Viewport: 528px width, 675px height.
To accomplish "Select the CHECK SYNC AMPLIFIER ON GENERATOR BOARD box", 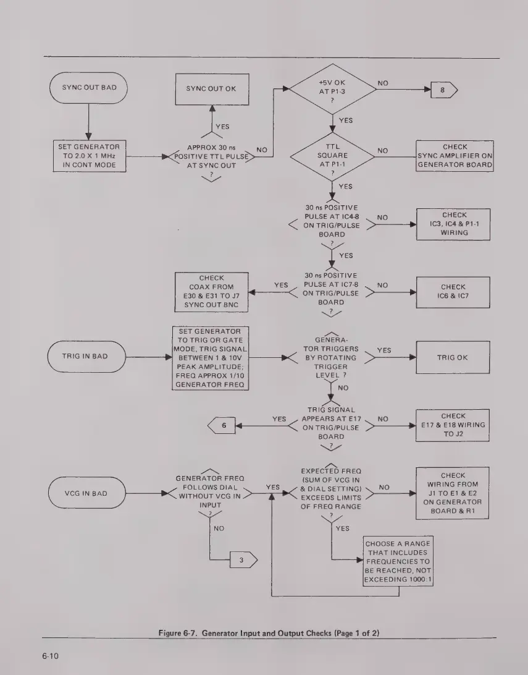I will coord(455,156).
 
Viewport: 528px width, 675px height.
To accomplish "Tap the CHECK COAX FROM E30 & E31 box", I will coord(211,291).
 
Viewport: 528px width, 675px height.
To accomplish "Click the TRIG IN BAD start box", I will coord(87,357).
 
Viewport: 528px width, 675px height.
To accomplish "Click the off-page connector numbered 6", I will coord(224,426).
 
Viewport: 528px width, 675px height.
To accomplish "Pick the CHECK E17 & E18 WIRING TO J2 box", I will coord(454,425).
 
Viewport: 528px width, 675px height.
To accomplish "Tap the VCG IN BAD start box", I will coord(87,493).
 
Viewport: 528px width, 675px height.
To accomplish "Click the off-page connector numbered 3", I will coord(241,561).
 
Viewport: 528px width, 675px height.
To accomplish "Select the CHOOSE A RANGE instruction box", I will coord(398,563).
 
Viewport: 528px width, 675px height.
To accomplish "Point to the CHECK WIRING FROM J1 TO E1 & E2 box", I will coord(454,493).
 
